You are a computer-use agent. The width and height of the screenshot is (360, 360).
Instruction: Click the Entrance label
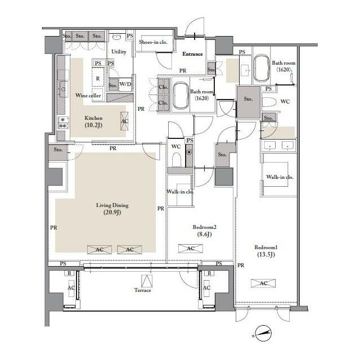point(192,54)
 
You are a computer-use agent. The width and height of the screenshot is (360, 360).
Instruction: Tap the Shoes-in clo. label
point(153,42)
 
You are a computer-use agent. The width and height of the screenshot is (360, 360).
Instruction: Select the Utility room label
point(119,52)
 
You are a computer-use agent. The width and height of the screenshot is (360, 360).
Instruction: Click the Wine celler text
point(88,95)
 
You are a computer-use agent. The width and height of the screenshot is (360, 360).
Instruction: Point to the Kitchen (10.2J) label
point(93,121)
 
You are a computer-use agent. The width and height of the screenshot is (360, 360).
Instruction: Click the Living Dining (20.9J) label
point(112,209)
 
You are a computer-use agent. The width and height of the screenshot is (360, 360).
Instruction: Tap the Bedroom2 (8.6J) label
point(204,231)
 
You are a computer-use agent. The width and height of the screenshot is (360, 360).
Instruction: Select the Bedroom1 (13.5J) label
point(266,251)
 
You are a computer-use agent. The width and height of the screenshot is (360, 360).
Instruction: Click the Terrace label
point(142,290)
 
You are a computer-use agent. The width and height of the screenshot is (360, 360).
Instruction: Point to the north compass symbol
point(263,333)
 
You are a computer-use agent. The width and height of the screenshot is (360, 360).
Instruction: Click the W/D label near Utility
point(125,84)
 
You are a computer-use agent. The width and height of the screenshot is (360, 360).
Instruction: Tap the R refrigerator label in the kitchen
point(98,79)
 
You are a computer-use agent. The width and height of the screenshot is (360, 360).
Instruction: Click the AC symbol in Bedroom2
point(191,249)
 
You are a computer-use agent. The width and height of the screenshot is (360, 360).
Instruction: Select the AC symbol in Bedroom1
point(263,283)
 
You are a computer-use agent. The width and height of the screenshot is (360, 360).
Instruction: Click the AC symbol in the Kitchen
point(124,121)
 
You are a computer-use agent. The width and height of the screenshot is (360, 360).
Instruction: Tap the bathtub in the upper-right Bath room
point(262,68)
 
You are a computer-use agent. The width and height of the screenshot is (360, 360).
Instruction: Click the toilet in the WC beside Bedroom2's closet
point(176,159)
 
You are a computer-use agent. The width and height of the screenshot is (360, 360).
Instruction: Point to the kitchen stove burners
point(64,123)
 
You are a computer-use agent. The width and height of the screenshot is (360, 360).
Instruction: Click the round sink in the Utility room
point(117,37)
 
